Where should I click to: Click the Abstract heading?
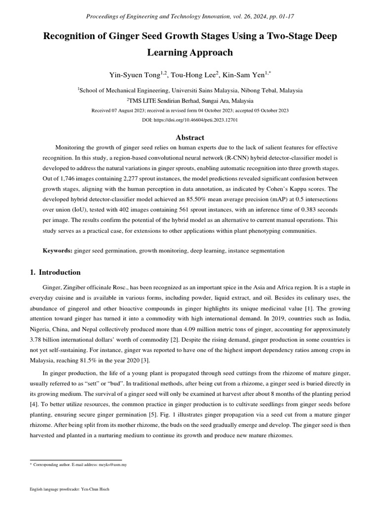[x=190, y=138]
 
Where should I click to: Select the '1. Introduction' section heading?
[x=52, y=272]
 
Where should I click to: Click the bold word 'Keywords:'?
[x=57, y=251]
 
